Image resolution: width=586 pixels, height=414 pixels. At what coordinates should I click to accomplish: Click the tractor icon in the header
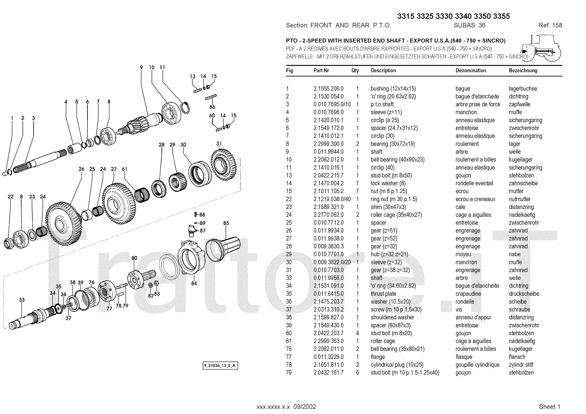[x=540, y=48]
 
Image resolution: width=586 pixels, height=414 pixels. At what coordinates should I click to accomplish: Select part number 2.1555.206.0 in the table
[x=329, y=89]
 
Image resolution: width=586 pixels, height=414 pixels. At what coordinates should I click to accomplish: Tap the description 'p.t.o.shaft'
[x=382, y=104]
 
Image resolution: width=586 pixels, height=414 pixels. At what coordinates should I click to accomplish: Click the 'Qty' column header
[x=355, y=71]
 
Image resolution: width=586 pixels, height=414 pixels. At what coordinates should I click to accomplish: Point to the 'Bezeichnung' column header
[x=523, y=71]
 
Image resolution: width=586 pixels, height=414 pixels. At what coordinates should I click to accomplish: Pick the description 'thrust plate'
[x=383, y=294]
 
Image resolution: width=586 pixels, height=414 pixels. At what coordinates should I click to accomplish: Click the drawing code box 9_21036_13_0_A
[x=220, y=365]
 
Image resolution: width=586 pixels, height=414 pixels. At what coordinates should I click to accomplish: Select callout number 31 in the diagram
[x=219, y=143]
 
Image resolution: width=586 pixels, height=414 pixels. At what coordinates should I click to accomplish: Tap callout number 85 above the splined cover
[x=226, y=223]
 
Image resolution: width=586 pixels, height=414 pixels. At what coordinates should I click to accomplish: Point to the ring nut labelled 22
[x=9, y=243]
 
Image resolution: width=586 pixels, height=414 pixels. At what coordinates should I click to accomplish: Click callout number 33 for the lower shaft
[x=22, y=300]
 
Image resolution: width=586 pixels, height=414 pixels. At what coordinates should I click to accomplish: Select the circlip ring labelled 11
[x=185, y=108]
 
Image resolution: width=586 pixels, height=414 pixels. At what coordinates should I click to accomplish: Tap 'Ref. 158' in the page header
[x=550, y=25]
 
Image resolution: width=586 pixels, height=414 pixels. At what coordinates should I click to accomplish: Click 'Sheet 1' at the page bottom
[x=549, y=407]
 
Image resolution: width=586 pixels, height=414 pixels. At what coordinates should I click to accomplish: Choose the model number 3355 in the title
[x=501, y=16]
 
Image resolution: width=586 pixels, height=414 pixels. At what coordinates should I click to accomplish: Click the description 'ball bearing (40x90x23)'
[x=397, y=160]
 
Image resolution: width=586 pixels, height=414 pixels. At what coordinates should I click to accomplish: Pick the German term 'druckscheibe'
[x=524, y=294]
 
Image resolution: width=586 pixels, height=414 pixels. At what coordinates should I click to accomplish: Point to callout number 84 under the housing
[x=194, y=283]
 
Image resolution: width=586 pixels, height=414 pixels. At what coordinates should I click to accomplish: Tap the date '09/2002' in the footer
[x=304, y=407]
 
